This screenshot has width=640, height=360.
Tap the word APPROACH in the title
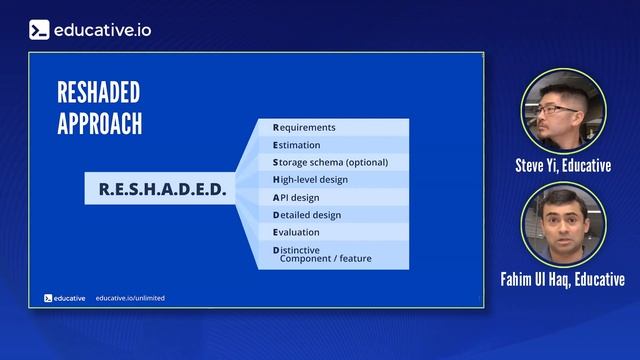(x=100, y=123)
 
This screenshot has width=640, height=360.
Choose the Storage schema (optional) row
(x=330, y=162)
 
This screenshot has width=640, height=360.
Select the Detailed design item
(x=307, y=214)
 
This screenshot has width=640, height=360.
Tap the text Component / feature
(x=325, y=259)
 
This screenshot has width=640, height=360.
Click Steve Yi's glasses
(x=556, y=109)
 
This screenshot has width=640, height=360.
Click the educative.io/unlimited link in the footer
(x=130, y=298)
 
